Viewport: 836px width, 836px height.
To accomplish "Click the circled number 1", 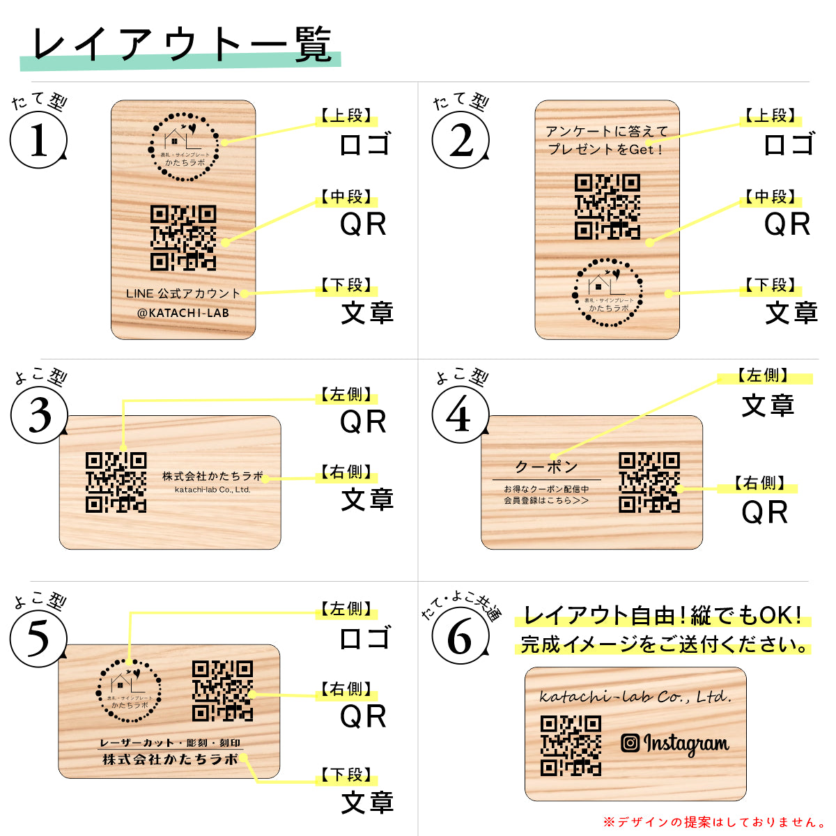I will click(38, 140).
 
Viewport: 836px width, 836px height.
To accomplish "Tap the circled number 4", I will click(459, 415).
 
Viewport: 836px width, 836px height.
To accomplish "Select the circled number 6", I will click(459, 636).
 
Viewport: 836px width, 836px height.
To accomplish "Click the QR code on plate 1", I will click(183, 238).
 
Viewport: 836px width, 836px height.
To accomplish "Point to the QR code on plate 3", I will click(116, 482).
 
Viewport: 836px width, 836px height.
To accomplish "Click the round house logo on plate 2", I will click(607, 291).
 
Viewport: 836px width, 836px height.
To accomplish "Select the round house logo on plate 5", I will click(130, 691).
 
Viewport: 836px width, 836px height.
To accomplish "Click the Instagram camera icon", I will click(630, 743).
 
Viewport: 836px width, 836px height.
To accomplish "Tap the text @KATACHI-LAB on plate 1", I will click(183, 313).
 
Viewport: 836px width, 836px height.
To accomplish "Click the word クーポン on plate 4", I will click(547, 466).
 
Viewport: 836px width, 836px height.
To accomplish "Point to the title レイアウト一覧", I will click(181, 46).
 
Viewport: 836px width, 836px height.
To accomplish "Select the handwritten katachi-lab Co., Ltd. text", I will click(635, 696).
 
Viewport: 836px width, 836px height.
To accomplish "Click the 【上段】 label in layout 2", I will click(770, 116).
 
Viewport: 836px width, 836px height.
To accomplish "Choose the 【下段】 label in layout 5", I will click(346, 775).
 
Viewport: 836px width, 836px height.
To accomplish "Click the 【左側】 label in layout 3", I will click(346, 395).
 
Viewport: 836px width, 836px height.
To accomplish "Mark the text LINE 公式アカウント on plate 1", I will click(183, 293).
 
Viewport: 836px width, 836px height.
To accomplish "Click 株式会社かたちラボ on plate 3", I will click(212, 476).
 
